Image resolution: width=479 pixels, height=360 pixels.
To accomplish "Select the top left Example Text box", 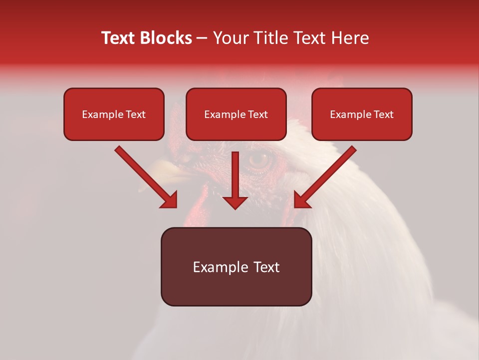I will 114,114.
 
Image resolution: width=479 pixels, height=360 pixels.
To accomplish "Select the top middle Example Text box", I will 236,114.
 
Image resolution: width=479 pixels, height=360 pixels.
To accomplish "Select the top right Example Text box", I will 362,114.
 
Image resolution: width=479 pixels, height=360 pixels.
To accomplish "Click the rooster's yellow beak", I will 170,170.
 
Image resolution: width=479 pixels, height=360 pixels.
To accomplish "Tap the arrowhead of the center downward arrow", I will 235,202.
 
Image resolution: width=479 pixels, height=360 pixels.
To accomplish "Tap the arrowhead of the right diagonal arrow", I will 301,200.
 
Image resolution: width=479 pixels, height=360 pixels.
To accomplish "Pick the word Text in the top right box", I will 383,114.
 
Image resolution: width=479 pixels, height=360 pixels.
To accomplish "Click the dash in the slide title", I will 202,38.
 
